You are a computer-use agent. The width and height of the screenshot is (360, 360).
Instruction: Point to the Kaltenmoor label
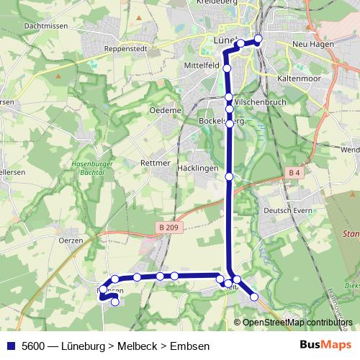coord(297,76)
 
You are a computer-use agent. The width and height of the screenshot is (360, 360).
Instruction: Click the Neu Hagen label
coord(311,45)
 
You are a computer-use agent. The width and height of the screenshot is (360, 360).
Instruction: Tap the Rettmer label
coord(156,163)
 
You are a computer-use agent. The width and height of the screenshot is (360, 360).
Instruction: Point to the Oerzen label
coord(71,240)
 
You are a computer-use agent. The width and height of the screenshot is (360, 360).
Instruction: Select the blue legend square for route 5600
coord(11,346)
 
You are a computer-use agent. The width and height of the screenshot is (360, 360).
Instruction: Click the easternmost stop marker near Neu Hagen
coord(258,39)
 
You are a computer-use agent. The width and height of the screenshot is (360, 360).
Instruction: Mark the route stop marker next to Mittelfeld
coord(227,68)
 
